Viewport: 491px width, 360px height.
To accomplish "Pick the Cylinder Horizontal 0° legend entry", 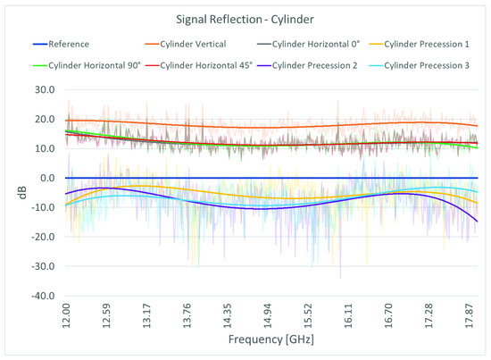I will click(x=304, y=42).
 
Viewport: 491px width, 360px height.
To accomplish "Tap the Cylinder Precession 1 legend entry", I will click(x=422, y=42).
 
